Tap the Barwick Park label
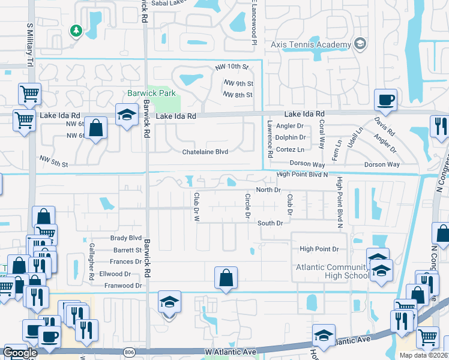[151, 93]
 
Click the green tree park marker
[76, 30]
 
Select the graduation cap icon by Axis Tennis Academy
[360, 44]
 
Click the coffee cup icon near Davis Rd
[385, 100]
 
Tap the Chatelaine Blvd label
[205, 152]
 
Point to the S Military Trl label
[29, 46]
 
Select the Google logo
[20, 353]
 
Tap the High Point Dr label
[319, 249]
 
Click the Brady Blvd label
[126, 238]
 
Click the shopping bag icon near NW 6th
[95, 128]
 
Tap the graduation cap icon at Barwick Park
[127, 114]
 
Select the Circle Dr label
[247, 206]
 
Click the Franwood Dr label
[123, 286]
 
